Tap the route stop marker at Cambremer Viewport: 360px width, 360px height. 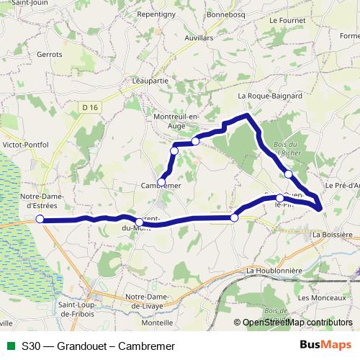point(162,182)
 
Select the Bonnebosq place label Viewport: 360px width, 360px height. point(226,14)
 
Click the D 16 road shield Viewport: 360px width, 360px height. point(89,107)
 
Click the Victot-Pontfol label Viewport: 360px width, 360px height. point(26,145)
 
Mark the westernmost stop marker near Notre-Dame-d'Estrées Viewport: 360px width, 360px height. point(40,219)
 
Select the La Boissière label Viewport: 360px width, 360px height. point(332,235)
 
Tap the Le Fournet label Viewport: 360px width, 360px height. point(287,21)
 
